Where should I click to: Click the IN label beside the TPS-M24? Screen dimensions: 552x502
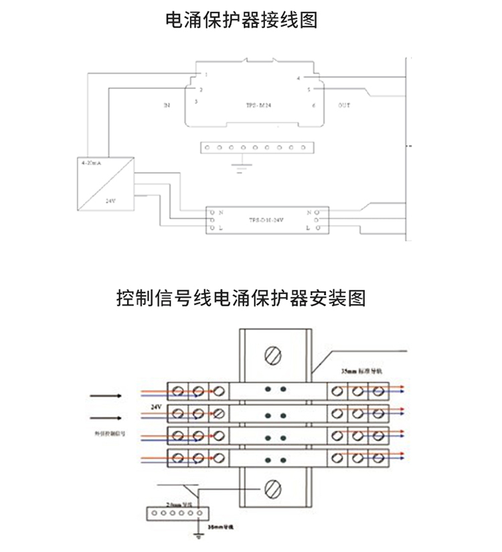click(x=167, y=106)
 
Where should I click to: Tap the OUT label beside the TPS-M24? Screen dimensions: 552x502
click(x=344, y=106)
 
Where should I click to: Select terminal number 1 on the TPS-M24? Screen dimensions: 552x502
click(x=206, y=74)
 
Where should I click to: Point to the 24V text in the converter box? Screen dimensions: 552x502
click(x=110, y=199)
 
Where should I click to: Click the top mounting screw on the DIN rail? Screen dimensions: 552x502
click(x=272, y=353)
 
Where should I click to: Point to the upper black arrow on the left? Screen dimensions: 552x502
click(x=106, y=396)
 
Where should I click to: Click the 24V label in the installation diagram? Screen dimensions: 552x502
click(x=155, y=406)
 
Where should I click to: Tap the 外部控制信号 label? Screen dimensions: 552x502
click(x=108, y=434)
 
